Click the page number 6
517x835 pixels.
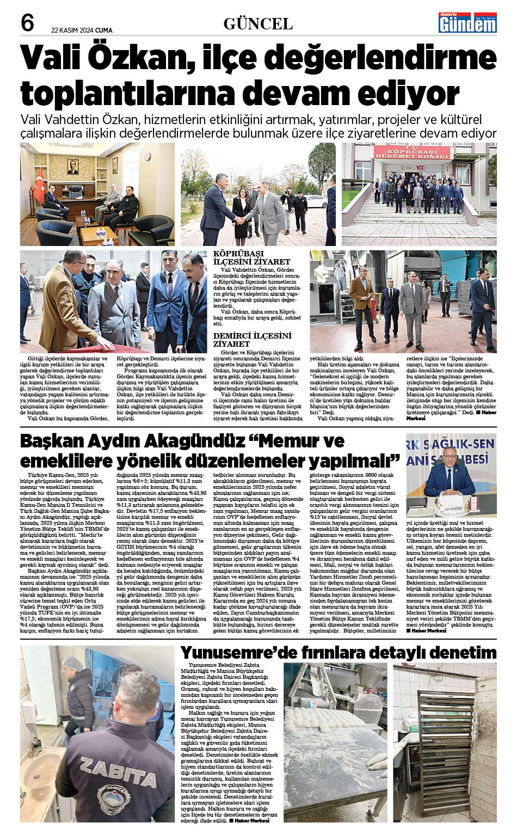[27, 23]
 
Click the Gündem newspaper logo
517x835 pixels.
[468, 23]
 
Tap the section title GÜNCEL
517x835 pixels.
[258, 24]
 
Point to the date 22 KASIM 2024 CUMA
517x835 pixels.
[82, 30]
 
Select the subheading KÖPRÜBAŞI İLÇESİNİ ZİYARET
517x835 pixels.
[252, 257]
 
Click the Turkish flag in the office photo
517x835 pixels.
[39, 184]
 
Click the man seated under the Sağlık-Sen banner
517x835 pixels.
[449, 479]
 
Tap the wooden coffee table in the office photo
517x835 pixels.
[99, 233]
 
